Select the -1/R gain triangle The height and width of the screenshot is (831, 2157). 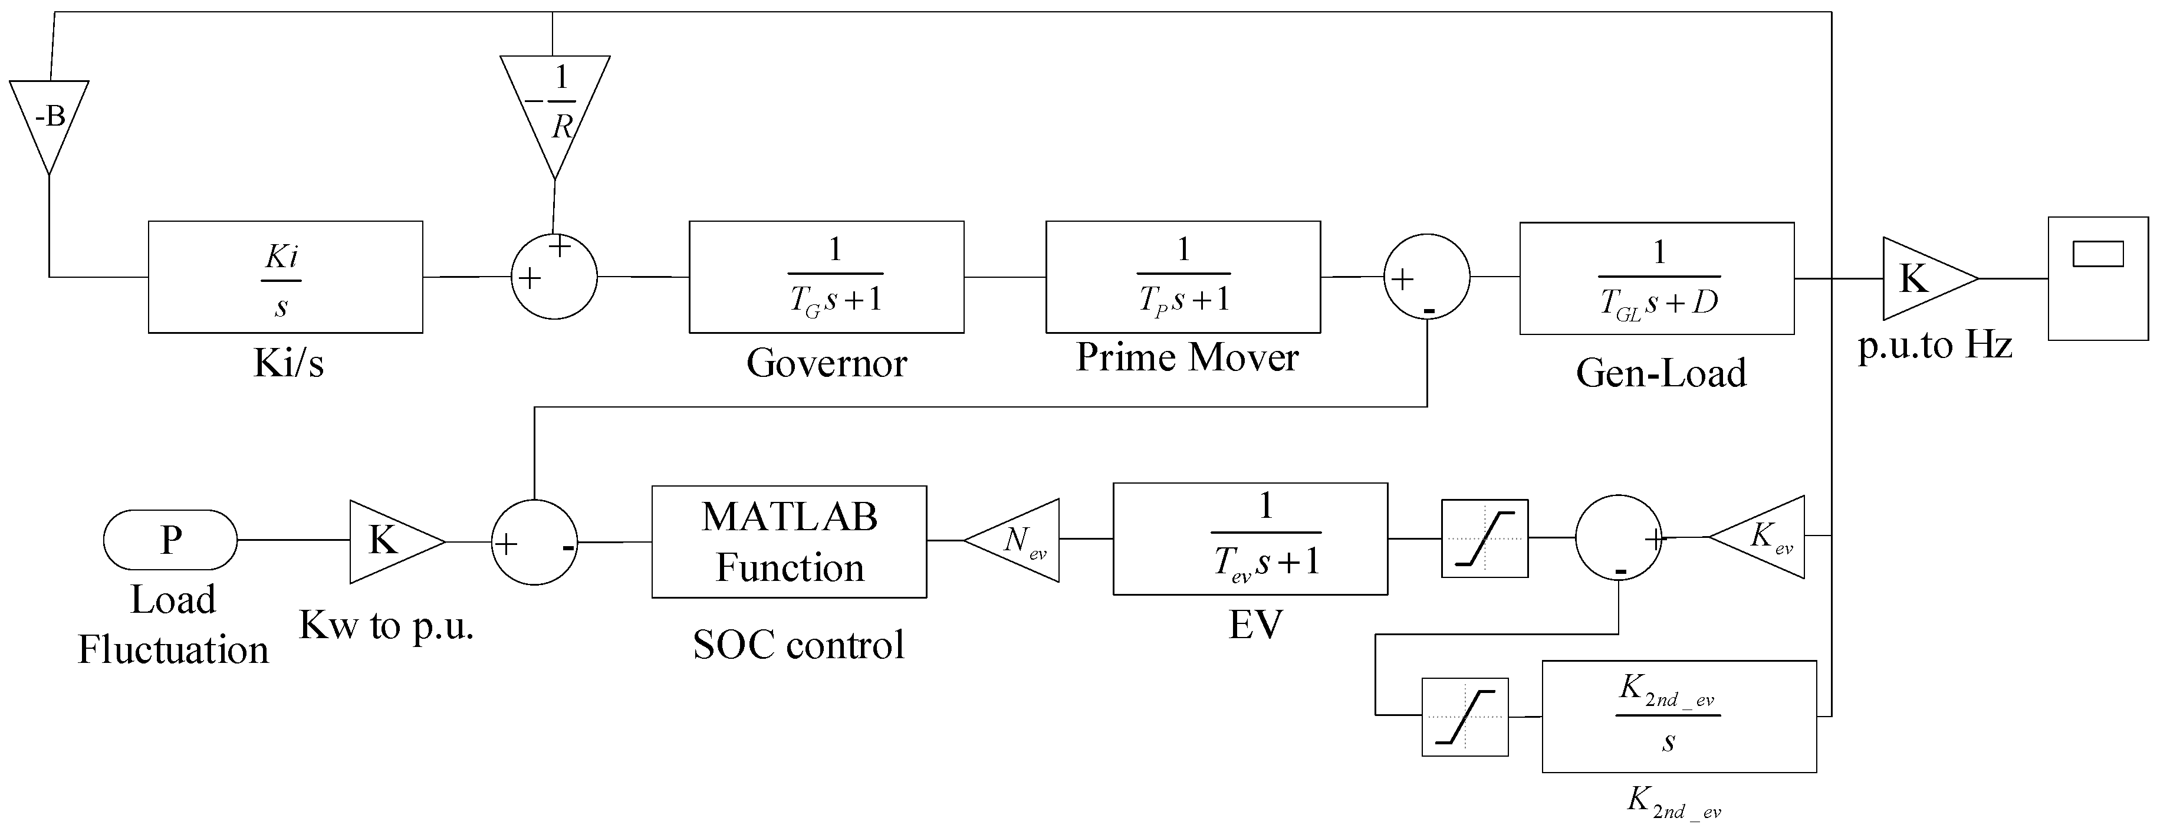(x=554, y=105)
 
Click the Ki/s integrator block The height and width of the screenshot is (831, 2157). (x=285, y=277)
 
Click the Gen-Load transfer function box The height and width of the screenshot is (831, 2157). (x=1656, y=279)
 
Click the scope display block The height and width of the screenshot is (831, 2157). (x=2097, y=279)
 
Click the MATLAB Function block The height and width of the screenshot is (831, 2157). (x=789, y=542)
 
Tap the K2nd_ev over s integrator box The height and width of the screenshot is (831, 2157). (x=1678, y=716)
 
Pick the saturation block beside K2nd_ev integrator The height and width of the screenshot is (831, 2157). (x=1465, y=717)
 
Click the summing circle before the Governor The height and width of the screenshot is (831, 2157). (x=554, y=277)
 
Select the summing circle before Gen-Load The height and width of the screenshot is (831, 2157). (x=1427, y=277)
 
